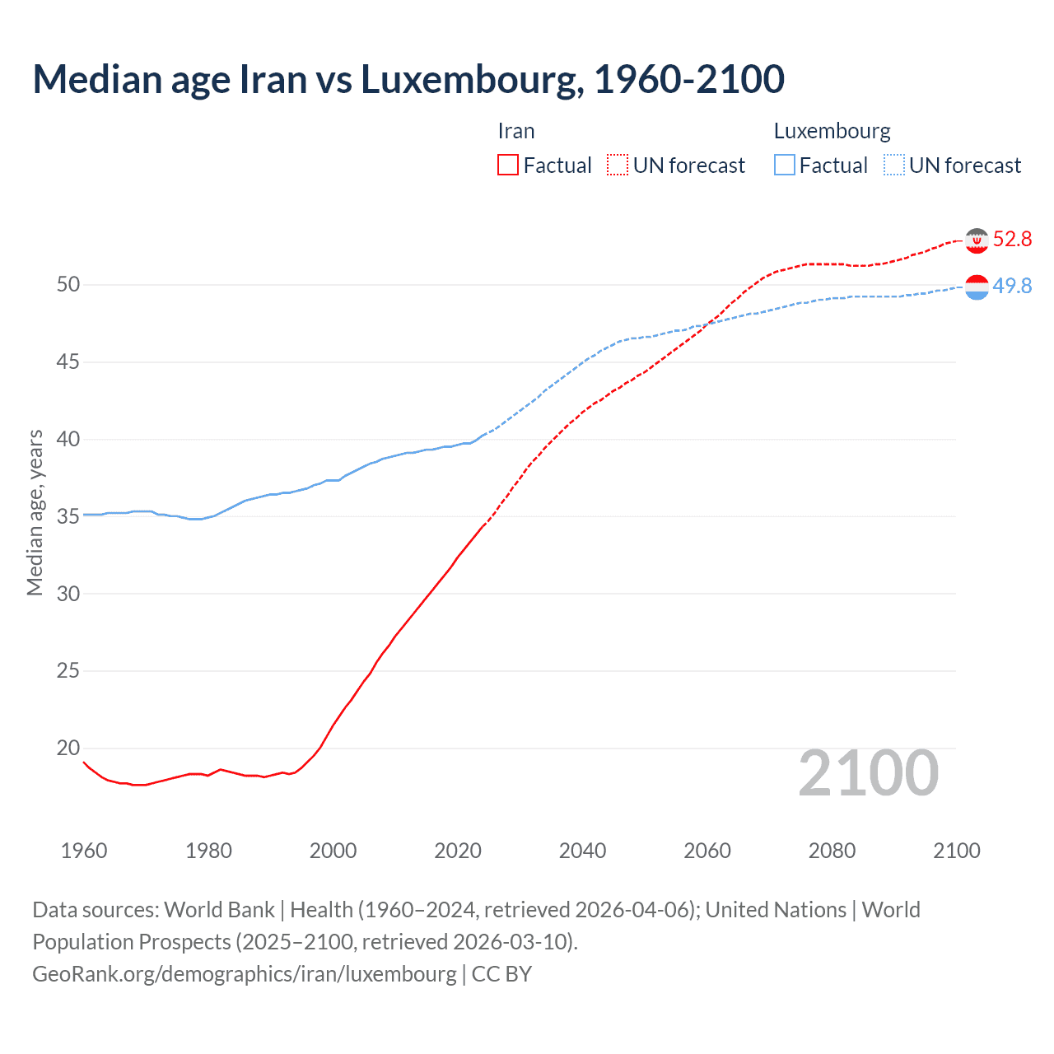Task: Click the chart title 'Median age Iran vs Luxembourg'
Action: point(408,79)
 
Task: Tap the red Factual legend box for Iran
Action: point(508,166)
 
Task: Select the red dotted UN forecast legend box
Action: point(618,166)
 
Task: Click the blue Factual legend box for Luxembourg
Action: point(785,166)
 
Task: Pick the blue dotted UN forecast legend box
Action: point(894,166)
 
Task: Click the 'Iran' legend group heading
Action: point(516,132)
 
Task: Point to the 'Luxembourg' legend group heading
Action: point(832,132)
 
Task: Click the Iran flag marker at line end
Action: point(977,240)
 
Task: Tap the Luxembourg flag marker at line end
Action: point(977,287)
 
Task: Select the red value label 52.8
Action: point(1012,240)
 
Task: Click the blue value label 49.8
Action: point(1012,286)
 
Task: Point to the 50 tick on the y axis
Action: point(68,285)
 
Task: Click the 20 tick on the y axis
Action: point(68,749)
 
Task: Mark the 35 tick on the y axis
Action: point(68,517)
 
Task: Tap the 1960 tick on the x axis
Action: point(84,851)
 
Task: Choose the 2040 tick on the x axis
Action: point(582,851)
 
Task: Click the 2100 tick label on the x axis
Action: point(956,851)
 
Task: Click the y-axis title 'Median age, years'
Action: point(35,512)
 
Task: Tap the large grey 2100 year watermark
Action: point(868,773)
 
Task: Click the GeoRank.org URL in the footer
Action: point(244,974)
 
